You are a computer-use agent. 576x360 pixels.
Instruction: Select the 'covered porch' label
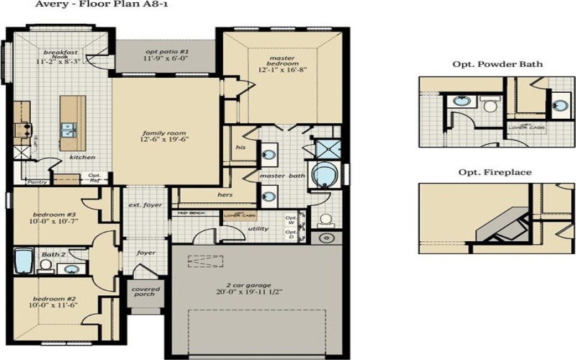145,292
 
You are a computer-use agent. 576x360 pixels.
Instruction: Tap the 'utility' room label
258,229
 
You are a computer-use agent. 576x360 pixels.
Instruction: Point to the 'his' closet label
240,148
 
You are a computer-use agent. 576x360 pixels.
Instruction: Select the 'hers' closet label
225,194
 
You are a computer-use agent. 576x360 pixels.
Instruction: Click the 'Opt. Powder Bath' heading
497,64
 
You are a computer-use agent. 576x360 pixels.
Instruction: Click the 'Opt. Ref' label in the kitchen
94,177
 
